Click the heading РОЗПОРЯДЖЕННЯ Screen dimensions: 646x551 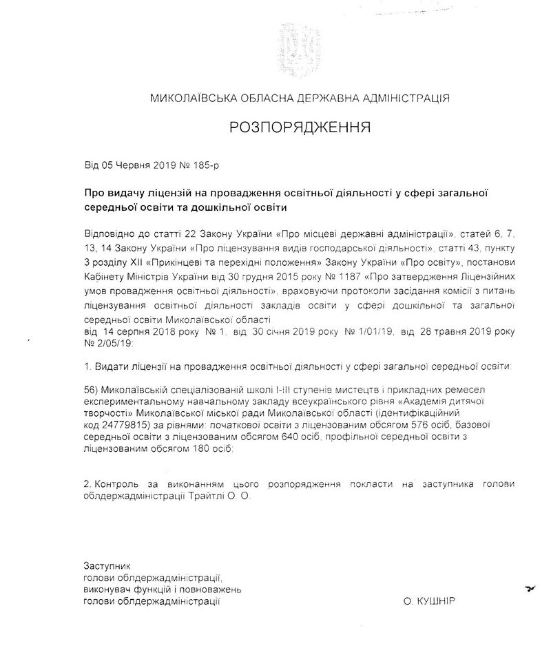(x=299, y=127)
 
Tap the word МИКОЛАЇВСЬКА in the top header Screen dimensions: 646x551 (x=189, y=98)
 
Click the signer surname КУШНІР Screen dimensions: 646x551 (x=439, y=601)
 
